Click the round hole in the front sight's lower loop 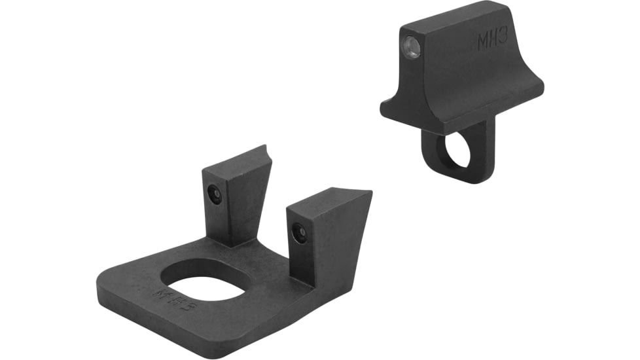coord(456,150)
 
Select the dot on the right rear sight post coord(300,232)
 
